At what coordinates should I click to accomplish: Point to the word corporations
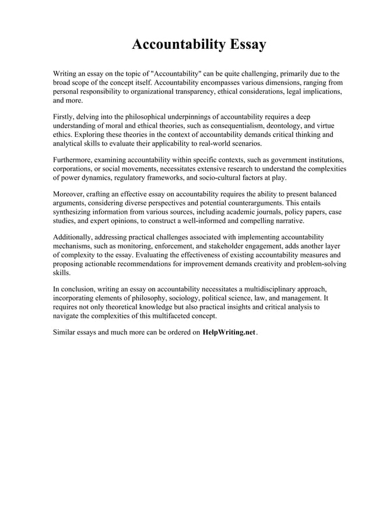74,169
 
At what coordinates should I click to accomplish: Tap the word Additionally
74,237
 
